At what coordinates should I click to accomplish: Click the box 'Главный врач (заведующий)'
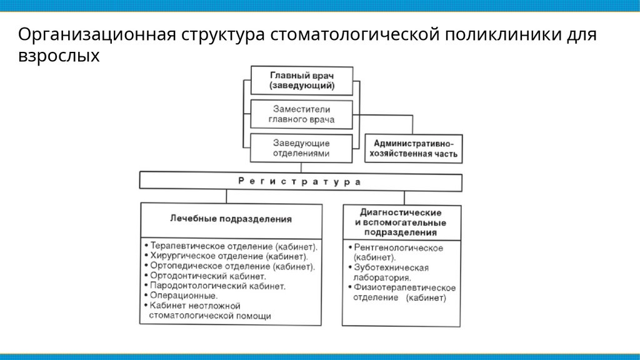tap(301, 80)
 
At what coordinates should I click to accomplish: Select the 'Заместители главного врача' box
tap(301, 114)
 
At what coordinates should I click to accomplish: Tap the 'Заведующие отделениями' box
tap(301, 147)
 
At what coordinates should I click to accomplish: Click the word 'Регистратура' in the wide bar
tap(300, 181)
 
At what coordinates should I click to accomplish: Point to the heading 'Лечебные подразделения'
tap(231, 219)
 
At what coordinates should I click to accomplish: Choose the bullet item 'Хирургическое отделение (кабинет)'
tap(229, 256)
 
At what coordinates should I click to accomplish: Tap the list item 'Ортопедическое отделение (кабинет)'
tap(231, 266)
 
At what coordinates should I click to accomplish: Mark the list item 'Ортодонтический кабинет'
tap(208, 276)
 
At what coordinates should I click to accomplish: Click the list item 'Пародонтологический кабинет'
tap(217, 286)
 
